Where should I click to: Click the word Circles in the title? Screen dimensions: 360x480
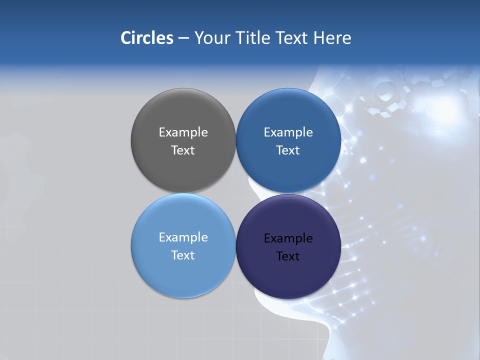click(x=147, y=38)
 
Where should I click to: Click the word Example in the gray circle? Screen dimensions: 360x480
click(x=183, y=132)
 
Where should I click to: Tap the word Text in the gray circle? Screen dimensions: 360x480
click(x=183, y=150)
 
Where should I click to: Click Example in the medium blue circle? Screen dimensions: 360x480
click(x=288, y=132)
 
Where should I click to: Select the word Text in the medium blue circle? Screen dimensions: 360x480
click(x=288, y=150)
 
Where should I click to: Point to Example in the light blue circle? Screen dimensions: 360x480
click(x=183, y=237)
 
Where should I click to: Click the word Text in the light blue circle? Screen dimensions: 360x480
click(x=183, y=255)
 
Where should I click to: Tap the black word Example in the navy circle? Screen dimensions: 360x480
click(x=288, y=238)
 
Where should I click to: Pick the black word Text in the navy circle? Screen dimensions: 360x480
click(x=288, y=256)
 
